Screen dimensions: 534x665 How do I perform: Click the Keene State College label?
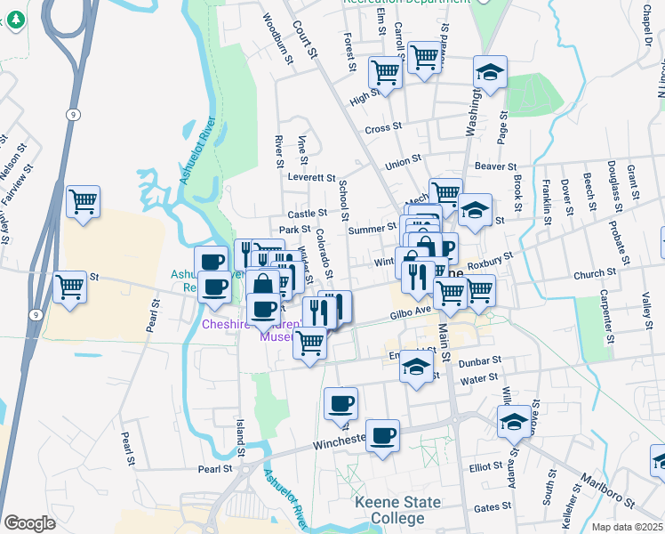(x=397, y=510)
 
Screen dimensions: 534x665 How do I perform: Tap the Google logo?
(x=29, y=523)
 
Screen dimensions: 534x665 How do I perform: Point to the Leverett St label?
(x=312, y=178)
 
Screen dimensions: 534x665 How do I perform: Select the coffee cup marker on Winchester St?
(x=382, y=436)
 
